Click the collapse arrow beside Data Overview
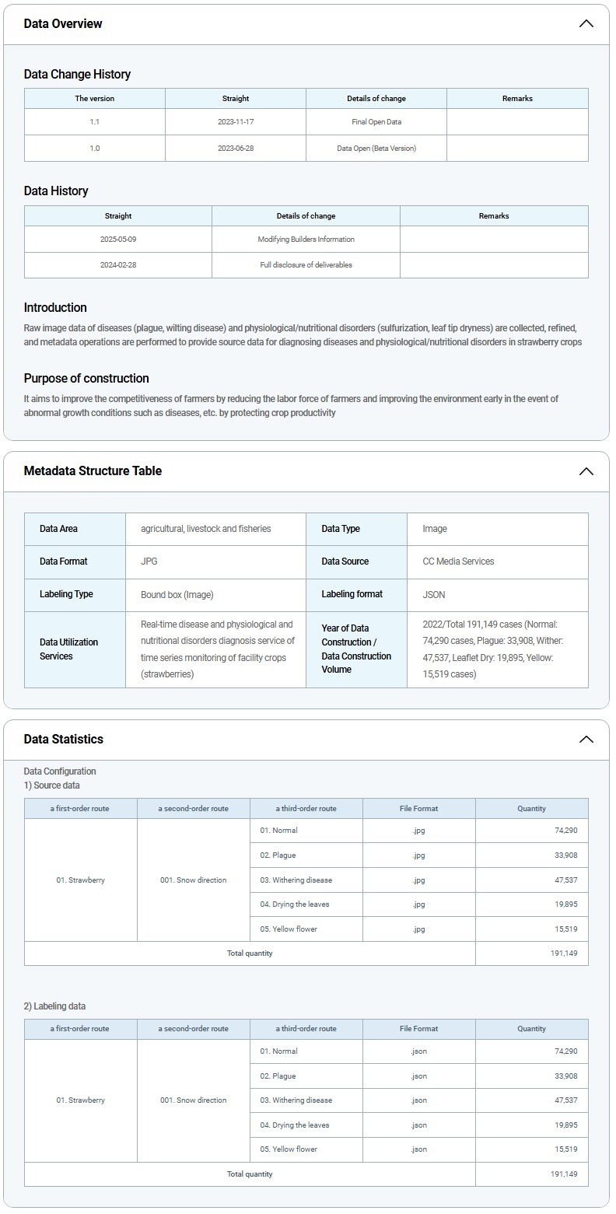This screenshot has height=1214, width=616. [586, 23]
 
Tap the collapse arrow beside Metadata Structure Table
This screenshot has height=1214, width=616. [586, 471]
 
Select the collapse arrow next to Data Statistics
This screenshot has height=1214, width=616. [586, 739]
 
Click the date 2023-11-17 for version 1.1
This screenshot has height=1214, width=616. [235, 122]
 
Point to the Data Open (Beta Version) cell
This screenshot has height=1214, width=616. [376, 148]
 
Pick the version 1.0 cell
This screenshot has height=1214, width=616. [95, 148]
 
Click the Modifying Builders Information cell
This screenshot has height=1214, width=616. [306, 240]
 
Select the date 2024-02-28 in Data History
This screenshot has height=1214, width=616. [118, 265]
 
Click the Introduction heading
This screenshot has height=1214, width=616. [55, 307]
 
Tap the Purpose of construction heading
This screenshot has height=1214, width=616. [86, 379]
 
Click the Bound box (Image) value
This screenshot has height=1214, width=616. [177, 594]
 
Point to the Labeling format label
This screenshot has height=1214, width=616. [352, 594]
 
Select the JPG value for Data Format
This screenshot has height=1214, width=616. [149, 562]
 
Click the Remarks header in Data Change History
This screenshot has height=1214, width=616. [517, 99]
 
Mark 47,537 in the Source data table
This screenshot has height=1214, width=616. [563, 880]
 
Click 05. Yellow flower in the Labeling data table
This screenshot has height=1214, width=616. [289, 1149]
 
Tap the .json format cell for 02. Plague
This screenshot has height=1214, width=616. [418, 1076]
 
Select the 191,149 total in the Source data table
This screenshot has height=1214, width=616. [563, 953]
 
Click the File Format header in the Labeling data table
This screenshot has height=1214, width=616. [418, 1029]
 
